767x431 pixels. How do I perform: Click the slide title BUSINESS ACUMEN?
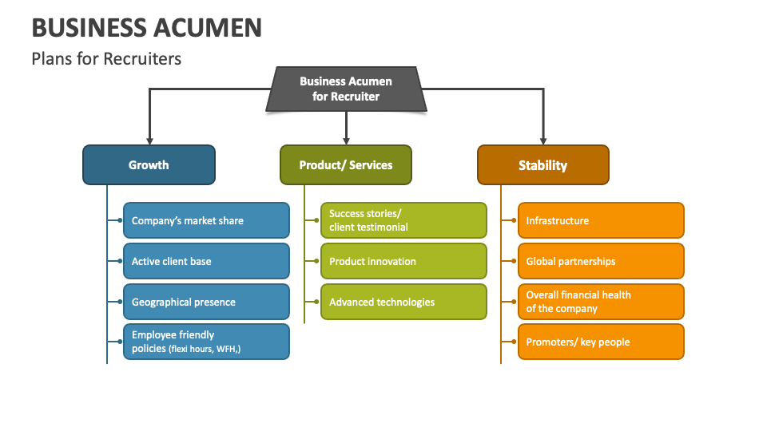146,27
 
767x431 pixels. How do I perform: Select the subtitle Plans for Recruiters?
106,58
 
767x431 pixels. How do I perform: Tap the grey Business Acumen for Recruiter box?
345,89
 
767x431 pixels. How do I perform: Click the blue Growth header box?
149,165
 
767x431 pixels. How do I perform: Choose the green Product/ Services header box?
345,165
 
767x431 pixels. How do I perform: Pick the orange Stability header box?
542,165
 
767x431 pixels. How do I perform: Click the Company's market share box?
206,220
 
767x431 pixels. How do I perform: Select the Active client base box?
206,261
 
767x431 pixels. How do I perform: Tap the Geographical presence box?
206,302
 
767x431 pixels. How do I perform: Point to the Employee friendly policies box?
206,342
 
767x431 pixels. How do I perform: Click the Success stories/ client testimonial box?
403,220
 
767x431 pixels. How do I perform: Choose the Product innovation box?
403,261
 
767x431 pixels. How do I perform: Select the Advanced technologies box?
403,302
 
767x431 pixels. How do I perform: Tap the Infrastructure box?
601,220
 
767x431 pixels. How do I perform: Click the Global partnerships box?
601,261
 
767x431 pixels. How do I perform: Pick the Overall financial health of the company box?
601,302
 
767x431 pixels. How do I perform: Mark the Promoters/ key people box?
601,342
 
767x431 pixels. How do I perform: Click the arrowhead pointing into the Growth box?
149,140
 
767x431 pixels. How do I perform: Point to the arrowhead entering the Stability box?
543,140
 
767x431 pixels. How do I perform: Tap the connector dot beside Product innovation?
312,261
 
